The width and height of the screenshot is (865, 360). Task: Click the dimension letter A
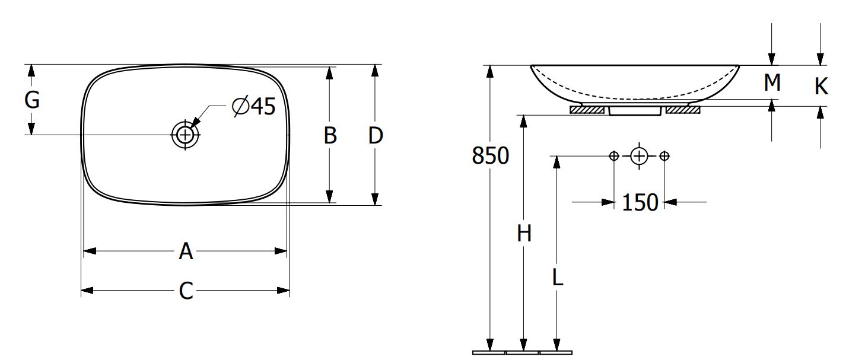click(186, 251)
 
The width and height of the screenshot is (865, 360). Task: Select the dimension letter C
click(186, 291)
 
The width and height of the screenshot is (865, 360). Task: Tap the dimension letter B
click(330, 135)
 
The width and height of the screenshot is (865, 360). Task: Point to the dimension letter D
click(376, 135)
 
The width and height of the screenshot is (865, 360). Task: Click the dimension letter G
click(32, 100)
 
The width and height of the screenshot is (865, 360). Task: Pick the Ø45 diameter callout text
click(254, 106)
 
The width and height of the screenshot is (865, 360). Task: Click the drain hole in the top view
click(185, 135)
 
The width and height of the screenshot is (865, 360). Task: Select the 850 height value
click(491, 155)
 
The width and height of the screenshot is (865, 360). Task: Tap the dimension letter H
click(524, 234)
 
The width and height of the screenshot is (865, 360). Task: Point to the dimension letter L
click(558, 277)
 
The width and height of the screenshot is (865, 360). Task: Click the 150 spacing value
click(640, 202)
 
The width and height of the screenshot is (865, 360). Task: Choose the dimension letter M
click(772, 82)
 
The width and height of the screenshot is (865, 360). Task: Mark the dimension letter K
click(821, 86)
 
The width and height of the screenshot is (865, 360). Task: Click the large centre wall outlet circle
click(639, 156)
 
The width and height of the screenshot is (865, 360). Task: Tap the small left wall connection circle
click(614, 156)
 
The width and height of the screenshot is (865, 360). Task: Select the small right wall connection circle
click(664, 156)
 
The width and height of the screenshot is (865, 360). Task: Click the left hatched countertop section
click(587, 110)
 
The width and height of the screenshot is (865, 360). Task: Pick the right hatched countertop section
click(683, 110)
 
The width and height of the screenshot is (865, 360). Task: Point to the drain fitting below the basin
click(635, 111)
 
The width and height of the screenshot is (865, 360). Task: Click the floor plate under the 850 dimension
click(489, 353)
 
